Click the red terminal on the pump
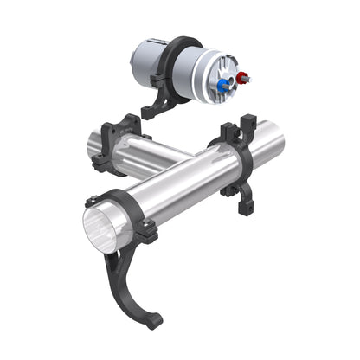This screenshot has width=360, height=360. click(241, 79)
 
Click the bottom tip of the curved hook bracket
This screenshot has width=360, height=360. click(153, 321)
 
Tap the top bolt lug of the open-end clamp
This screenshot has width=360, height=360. click(92, 201)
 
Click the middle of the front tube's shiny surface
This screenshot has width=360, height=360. click(186, 177)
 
